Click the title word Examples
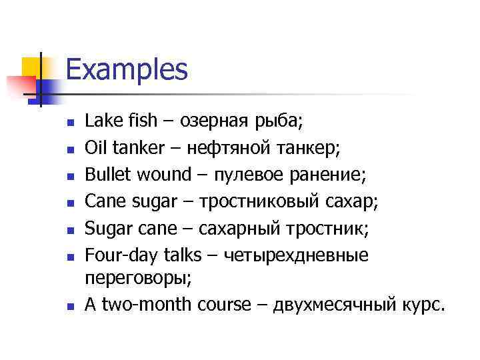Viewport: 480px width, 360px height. point(127,69)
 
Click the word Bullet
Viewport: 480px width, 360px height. point(109,175)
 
